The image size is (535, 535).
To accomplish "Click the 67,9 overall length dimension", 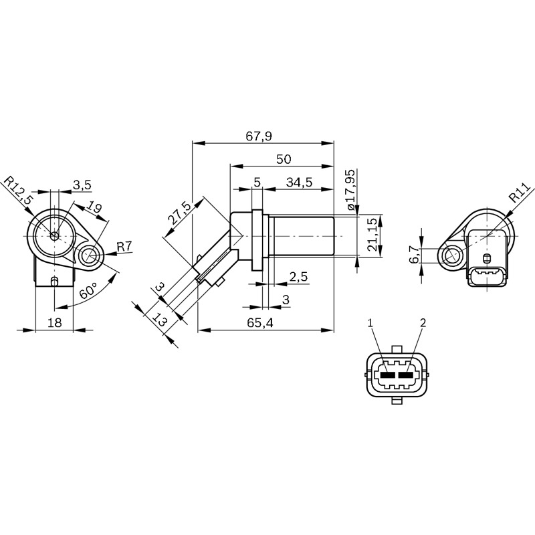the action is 259,136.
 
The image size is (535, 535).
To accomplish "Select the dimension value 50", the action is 284,159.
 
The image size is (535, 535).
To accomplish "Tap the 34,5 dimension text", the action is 299,183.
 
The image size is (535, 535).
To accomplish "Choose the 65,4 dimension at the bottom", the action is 260,323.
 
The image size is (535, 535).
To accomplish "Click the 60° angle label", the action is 88,291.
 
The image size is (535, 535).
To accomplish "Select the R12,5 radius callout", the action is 18,190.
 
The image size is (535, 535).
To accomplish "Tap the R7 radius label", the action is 124,246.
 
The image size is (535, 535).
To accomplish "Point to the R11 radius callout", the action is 520,193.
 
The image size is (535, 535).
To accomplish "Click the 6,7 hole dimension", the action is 414,255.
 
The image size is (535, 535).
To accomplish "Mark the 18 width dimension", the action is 54,322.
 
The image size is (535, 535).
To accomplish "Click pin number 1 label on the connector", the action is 370,322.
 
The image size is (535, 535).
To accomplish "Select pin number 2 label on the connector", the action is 423,322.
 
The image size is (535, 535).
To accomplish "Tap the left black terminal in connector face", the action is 388,375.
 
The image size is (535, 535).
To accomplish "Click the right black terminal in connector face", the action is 405,375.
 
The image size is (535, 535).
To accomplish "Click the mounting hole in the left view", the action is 90,255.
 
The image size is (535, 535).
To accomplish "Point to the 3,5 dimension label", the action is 82,185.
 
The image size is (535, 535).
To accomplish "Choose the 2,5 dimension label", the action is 298,276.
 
